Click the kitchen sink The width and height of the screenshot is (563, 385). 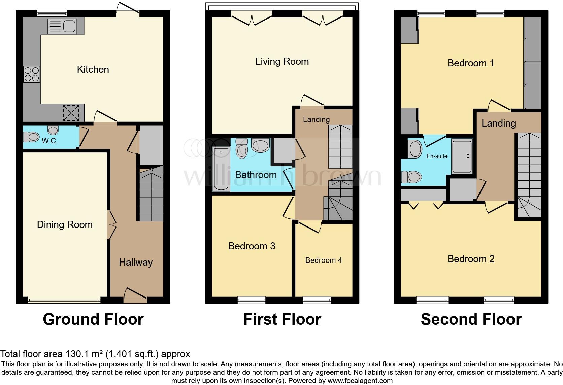click(x=62, y=26)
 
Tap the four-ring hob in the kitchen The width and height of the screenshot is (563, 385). click(x=32, y=74)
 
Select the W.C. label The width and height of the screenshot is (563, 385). click(x=50, y=141)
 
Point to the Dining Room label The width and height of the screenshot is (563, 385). click(x=65, y=225)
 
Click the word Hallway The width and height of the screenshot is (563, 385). click(x=136, y=262)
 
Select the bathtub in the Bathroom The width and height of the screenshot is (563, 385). click(x=221, y=169)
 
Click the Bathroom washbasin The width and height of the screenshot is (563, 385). click(x=260, y=145)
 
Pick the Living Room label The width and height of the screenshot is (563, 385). click(x=282, y=62)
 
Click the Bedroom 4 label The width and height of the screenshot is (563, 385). click(x=324, y=260)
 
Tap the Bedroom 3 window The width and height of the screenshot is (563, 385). click(x=251, y=300)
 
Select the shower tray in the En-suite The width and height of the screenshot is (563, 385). click(x=462, y=157)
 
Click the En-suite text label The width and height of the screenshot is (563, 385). click(x=437, y=156)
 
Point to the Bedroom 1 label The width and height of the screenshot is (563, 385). click(x=471, y=63)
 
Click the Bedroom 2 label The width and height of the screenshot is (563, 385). click(x=471, y=259)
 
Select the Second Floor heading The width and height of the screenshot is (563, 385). click(x=471, y=319)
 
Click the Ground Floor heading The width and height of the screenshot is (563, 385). click(x=93, y=319)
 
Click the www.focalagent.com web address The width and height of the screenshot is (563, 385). click(x=360, y=381)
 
